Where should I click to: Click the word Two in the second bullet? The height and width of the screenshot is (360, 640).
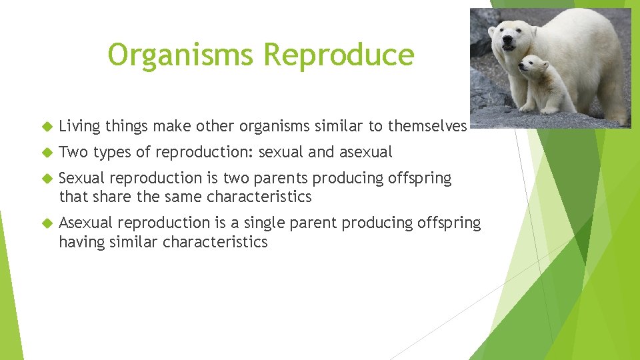[73, 152]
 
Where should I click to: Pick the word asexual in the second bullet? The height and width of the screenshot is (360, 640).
[366, 152]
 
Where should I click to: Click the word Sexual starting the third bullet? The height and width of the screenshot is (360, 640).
[81, 178]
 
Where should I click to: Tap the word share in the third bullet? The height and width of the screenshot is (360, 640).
[103, 197]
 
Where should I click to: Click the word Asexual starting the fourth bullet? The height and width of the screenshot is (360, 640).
[85, 223]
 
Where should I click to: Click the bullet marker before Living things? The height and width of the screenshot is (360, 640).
[47, 126]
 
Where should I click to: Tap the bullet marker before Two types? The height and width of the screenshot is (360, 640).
[47, 152]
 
